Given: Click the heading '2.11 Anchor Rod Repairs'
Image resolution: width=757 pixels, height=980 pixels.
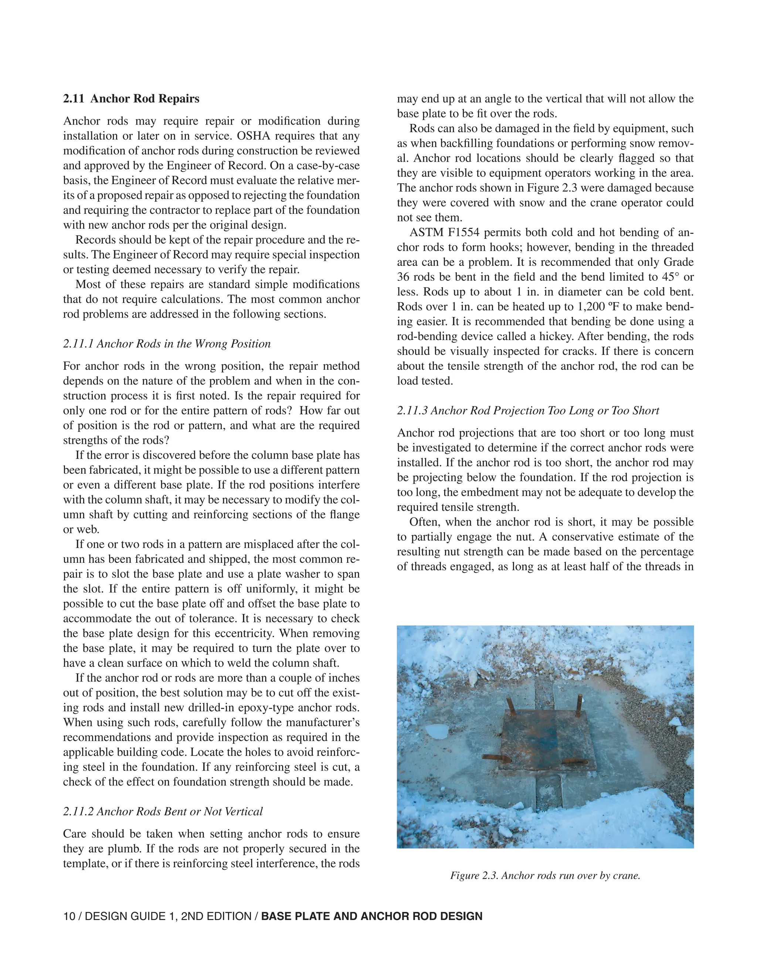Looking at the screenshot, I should pos(131,99).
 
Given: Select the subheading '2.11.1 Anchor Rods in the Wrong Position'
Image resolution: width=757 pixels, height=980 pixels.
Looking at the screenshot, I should pos(167,344).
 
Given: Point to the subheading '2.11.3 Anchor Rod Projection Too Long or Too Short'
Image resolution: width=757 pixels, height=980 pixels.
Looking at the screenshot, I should pos(528,410).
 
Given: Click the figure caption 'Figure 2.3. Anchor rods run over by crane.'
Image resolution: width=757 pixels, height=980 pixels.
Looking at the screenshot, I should pos(545,875).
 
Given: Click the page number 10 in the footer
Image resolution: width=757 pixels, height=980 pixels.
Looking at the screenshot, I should pos(69,916).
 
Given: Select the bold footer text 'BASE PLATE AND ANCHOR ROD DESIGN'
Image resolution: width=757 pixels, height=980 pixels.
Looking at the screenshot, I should pos(371,916).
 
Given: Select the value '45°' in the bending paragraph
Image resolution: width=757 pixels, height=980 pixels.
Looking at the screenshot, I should pos(671,277).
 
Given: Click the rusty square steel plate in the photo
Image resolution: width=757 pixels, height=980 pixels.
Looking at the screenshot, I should pos(547,740).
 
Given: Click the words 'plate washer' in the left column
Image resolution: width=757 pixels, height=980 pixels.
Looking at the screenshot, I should pos(286,574).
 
